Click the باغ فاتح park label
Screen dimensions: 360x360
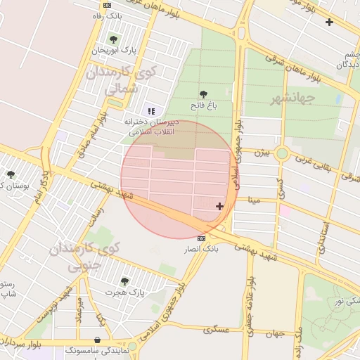(202, 105)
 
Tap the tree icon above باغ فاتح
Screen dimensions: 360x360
(203, 94)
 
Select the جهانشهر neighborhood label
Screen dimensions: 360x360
(291, 98)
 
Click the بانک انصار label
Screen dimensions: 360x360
(202, 250)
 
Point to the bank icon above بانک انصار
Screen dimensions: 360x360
(202, 239)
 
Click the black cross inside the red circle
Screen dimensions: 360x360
(220, 206)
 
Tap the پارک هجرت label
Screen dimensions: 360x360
(124, 291)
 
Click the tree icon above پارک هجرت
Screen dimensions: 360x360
(124, 281)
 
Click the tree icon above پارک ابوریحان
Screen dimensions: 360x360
(113, 39)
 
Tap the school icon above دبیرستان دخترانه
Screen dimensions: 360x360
(150, 110)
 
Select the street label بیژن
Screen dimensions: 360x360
(262, 152)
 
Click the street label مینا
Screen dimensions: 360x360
(253, 200)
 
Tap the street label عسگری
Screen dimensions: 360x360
(217, 328)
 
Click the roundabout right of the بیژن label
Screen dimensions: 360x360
(282, 153)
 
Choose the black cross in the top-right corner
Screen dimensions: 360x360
(329, 22)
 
